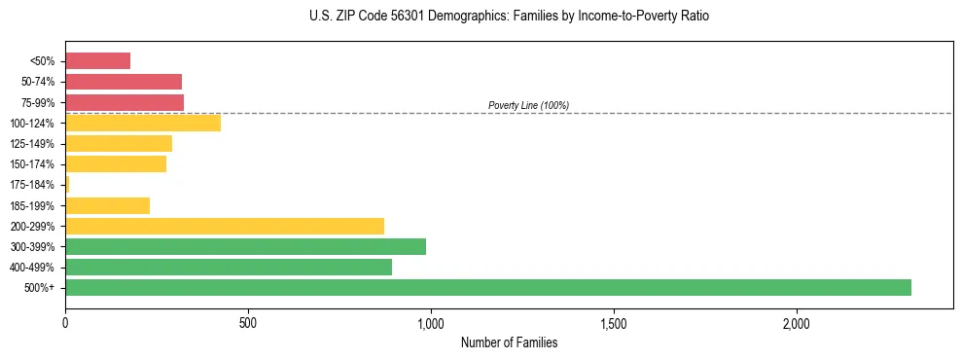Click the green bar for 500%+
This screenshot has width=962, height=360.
tap(487, 287)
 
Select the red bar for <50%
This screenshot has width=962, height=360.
tap(97, 60)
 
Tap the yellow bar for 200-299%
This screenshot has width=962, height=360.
tap(225, 226)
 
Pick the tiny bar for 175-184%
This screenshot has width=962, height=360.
tap(67, 184)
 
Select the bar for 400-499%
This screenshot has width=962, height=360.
tap(229, 267)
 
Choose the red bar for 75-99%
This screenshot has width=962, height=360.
tap(125, 102)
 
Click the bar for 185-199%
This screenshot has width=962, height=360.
tap(107, 205)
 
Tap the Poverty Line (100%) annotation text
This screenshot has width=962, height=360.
tap(528, 105)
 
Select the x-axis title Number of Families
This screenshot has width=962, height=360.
tap(509, 342)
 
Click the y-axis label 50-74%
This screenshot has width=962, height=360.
tap(38, 82)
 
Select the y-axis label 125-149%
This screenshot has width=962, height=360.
tap(34, 144)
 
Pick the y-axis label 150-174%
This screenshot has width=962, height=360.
tap(34, 164)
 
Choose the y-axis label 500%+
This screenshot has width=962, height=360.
tap(41, 288)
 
